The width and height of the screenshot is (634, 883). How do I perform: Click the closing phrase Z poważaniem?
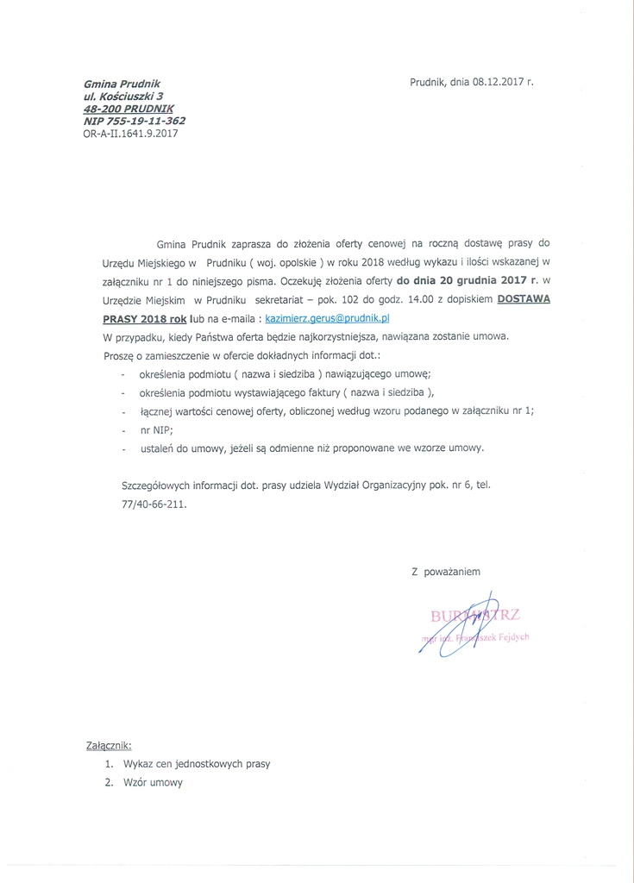tap(446, 571)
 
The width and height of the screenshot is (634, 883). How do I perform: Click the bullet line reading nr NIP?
tap(157, 429)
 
